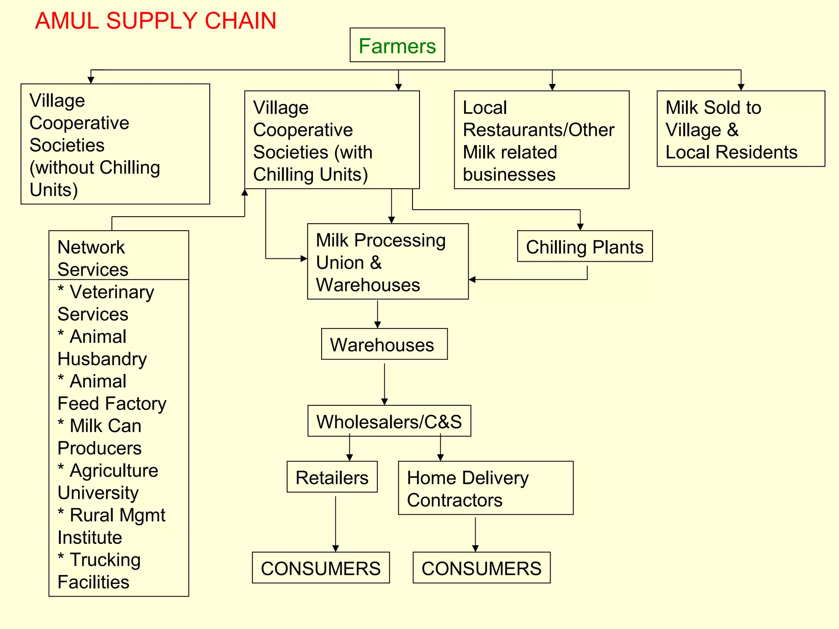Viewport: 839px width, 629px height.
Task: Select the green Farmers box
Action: pyautogui.click(x=397, y=45)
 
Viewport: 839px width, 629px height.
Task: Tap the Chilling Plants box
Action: pyautogui.click(x=585, y=247)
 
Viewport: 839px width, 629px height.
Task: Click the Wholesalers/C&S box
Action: pyautogui.click(x=389, y=421)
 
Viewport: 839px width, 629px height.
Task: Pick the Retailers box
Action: pyautogui.click(x=332, y=477)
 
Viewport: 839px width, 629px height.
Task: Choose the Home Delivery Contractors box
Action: pyautogui.click(x=485, y=488)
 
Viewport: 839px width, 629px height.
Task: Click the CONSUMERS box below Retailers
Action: pyautogui.click(x=321, y=568)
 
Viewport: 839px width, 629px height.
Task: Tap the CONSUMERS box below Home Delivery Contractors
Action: pyautogui.click(x=481, y=568)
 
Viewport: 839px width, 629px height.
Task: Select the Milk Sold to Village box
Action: pyautogui.click(x=741, y=129)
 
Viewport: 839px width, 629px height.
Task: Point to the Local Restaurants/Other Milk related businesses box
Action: pyautogui.click(x=542, y=140)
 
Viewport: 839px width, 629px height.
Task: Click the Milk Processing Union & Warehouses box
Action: pyautogui.click(x=388, y=262)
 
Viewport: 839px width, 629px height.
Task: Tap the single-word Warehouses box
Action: pyautogui.click(x=384, y=344)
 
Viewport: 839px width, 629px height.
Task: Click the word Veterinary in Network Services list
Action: pyautogui.click(x=112, y=292)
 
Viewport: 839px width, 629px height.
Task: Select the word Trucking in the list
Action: pyautogui.click(x=105, y=560)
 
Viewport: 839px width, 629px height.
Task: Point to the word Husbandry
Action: pyautogui.click(x=102, y=359)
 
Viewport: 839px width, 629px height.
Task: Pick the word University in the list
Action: pyautogui.click(x=98, y=493)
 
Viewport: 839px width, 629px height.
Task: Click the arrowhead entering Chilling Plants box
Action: pyautogui.click(x=580, y=227)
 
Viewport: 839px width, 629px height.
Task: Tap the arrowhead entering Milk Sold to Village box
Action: pyautogui.click(x=741, y=87)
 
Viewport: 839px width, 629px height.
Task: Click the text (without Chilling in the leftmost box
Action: pyautogui.click(x=95, y=167)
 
